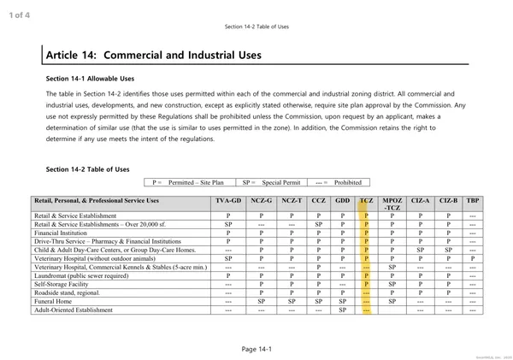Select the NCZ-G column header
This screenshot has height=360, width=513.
(x=262, y=201)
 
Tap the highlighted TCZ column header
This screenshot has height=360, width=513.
(x=366, y=201)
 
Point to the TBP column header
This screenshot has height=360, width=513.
(x=473, y=201)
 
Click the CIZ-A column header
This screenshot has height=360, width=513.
(x=421, y=201)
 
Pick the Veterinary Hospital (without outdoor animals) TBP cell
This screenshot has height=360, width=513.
(x=473, y=258)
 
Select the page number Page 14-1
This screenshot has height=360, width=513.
(x=256, y=349)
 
